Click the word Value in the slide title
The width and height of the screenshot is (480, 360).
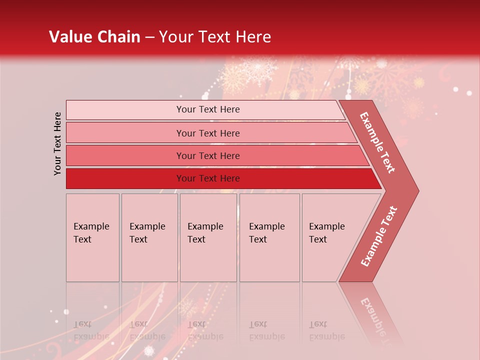(70, 37)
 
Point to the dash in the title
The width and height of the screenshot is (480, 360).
(149, 37)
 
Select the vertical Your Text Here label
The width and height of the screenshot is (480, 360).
(57, 143)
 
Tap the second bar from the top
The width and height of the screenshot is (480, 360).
(207, 133)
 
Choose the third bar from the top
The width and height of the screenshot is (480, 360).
(207, 155)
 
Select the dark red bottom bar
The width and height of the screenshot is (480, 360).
(207, 178)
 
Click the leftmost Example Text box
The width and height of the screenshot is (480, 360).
(92, 237)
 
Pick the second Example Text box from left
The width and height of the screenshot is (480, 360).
(149, 237)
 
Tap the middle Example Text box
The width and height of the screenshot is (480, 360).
(208, 237)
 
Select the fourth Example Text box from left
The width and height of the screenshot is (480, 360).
(269, 237)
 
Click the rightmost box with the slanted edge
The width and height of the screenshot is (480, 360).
(330, 237)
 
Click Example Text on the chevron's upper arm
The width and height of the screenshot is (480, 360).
(377, 142)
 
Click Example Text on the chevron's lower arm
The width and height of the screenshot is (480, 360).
(379, 236)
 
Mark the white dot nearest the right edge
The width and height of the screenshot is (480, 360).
(469, 93)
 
